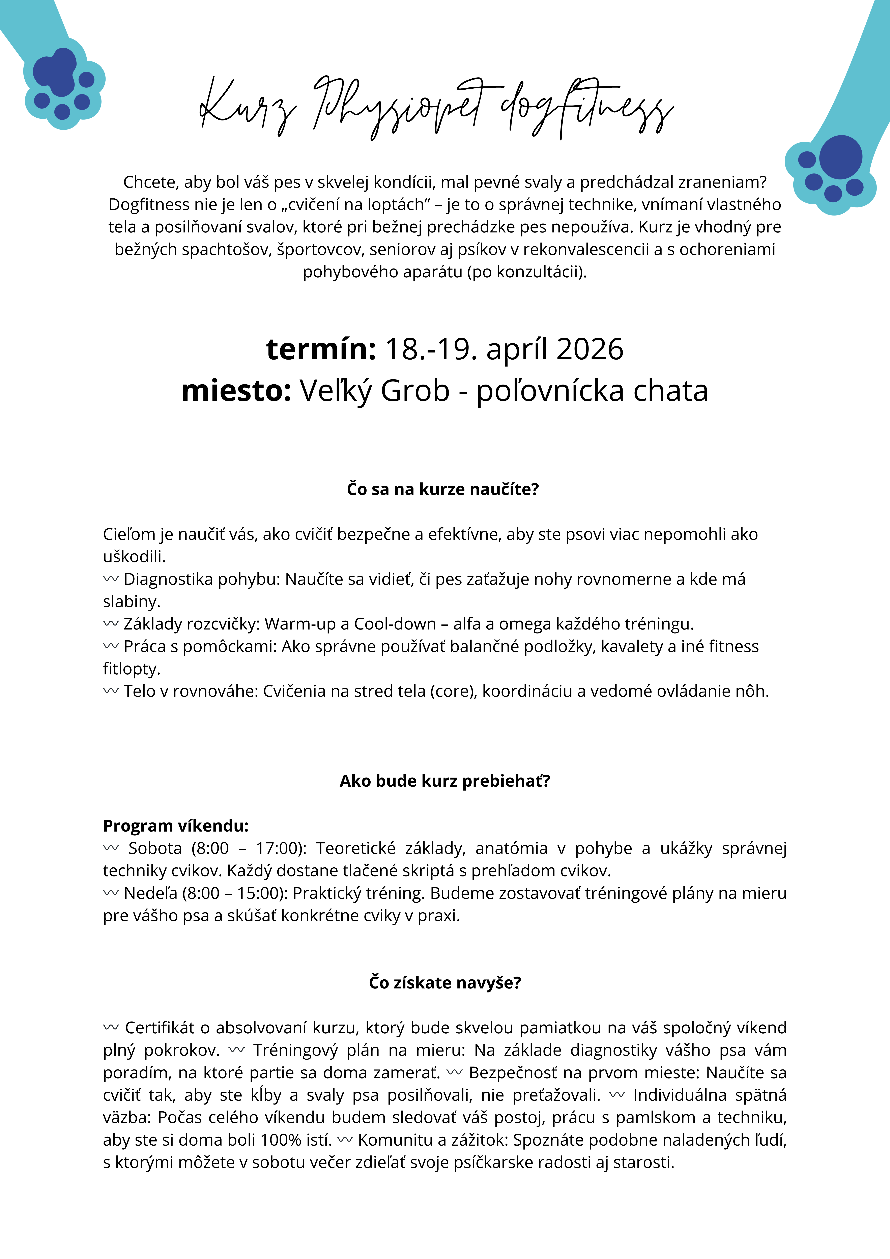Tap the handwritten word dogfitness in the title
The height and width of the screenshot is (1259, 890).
click(587, 107)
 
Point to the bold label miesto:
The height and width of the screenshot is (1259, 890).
click(236, 391)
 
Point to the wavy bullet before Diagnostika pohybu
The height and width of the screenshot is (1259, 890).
click(111, 579)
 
